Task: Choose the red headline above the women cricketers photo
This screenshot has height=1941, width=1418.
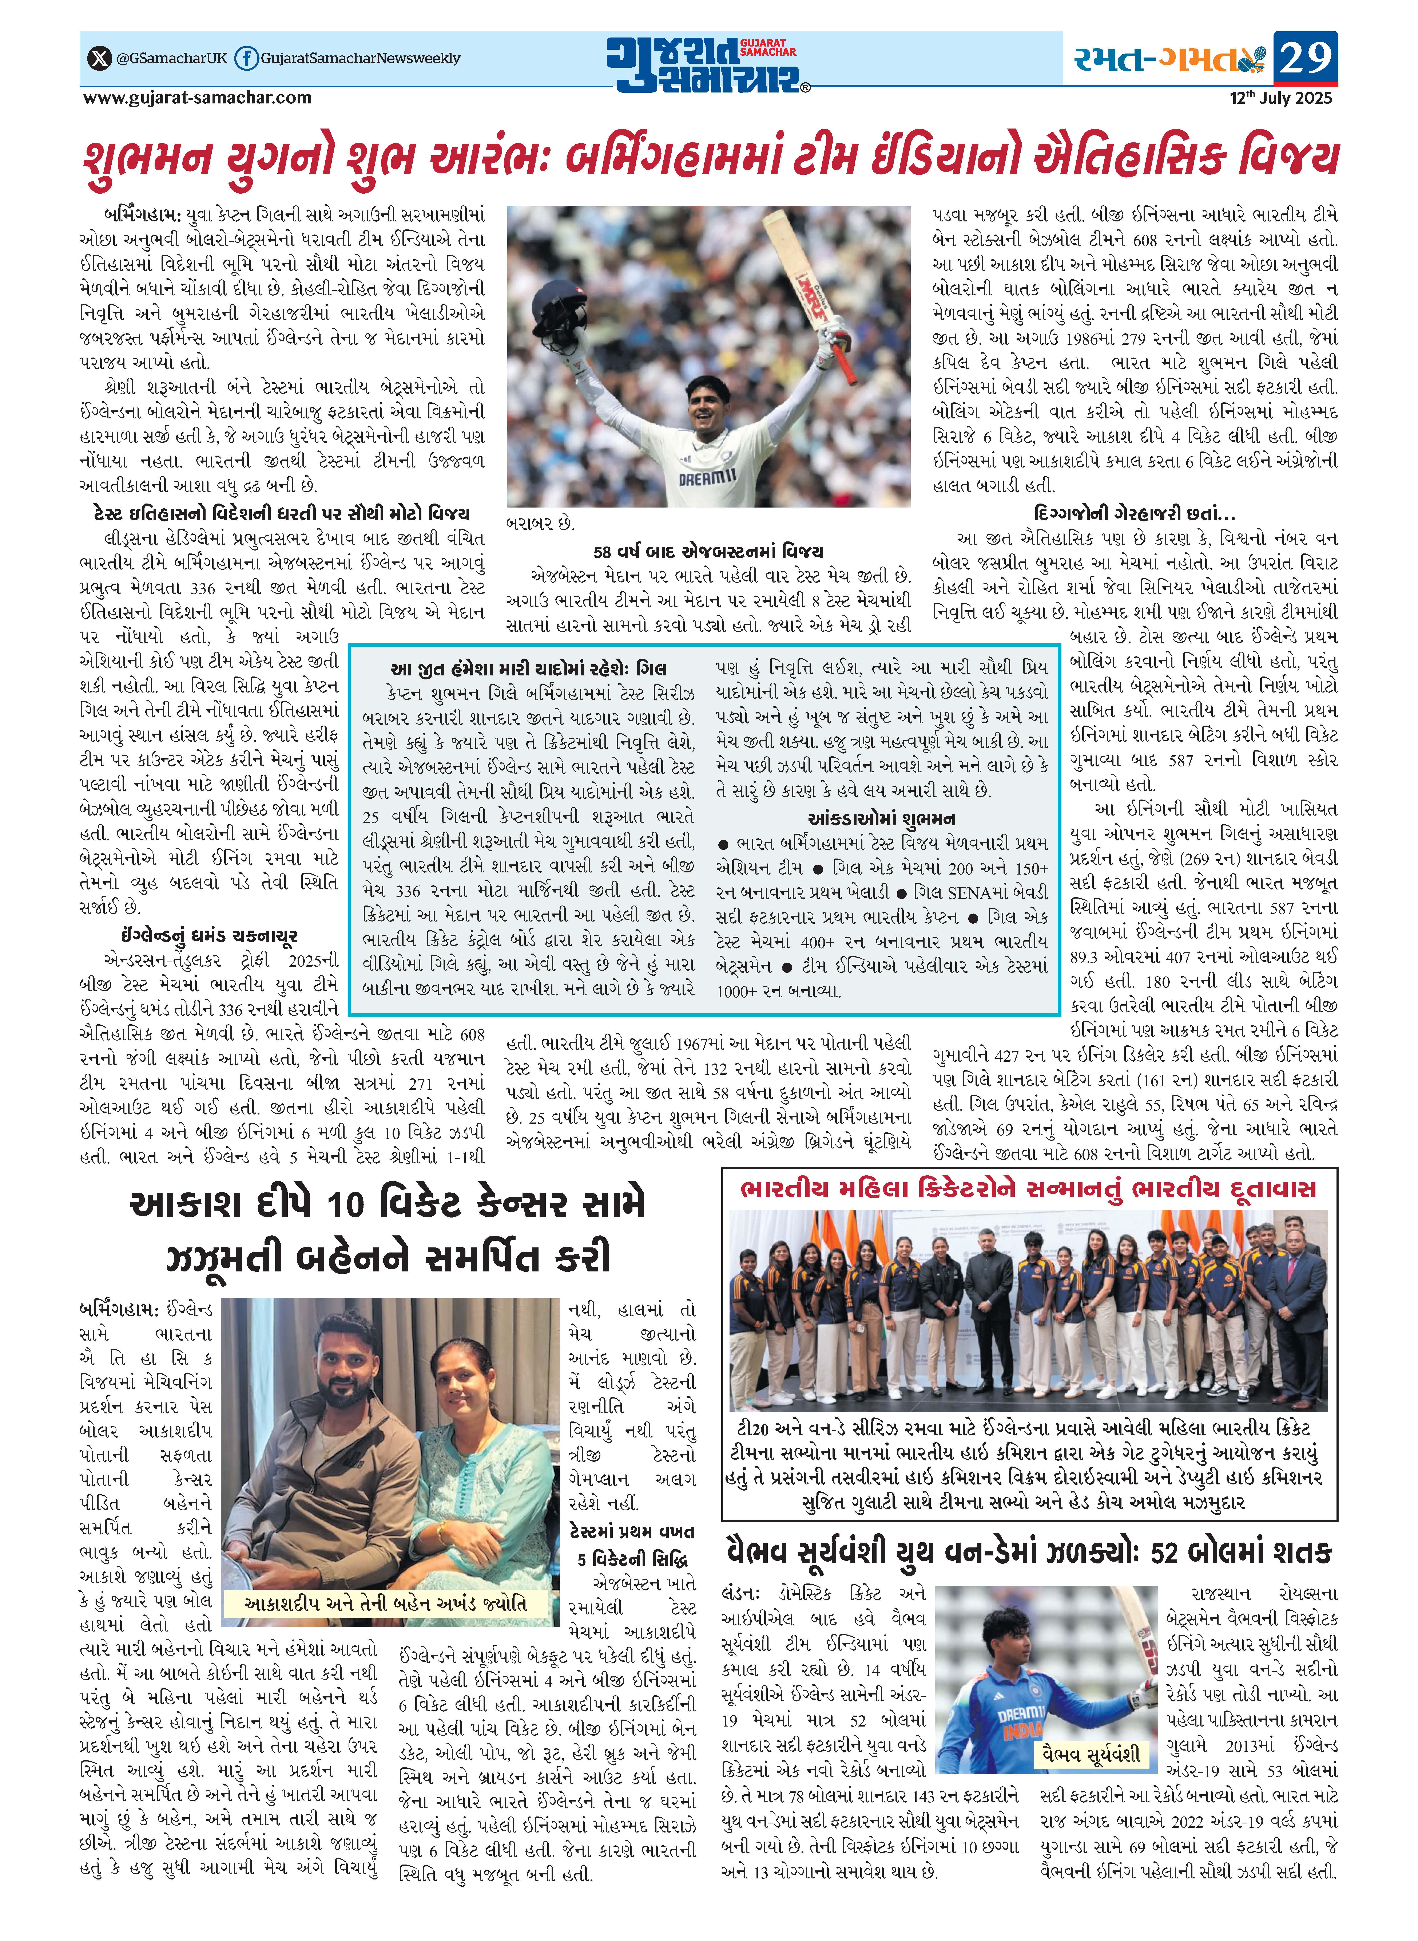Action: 1028,1189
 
